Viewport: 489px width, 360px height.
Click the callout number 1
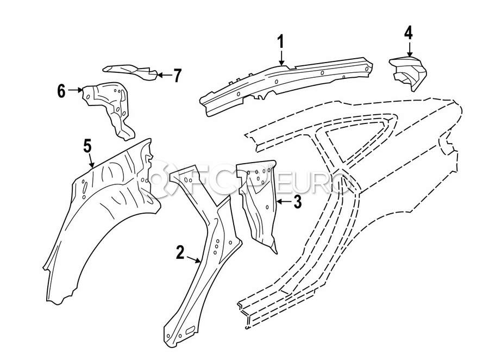(x=281, y=42)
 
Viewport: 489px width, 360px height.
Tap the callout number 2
(x=180, y=252)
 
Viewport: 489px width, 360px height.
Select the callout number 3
(x=298, y=202)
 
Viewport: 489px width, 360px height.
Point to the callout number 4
(x=409, y=33)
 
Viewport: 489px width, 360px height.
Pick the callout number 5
(x=87, y=146)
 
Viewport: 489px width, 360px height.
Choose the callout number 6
(x=61, y=91)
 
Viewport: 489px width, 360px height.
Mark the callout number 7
(x=178, y=75)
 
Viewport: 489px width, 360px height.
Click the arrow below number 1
(x=281, y=58)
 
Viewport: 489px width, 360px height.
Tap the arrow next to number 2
(x=193, y=259)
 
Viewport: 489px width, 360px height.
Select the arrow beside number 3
(x=284, y=202)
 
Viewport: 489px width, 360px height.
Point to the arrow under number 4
(x=409, y=49)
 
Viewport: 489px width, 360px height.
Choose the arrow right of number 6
(x=75, y=90)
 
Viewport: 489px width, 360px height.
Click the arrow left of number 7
(x=164, y=75)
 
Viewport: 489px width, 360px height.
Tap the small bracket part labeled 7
(x=130, y=72)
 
